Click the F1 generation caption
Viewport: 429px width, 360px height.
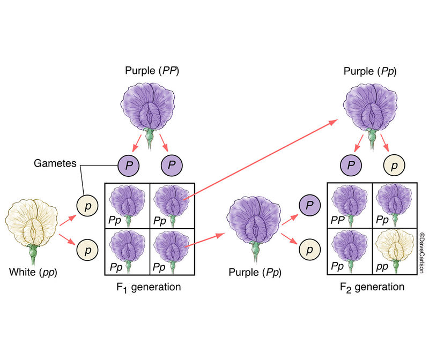click(x=149, y=287)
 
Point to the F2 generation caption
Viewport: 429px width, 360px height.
click(x=372, y=287)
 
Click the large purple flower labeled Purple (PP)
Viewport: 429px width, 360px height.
click(x=146, y=107)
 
